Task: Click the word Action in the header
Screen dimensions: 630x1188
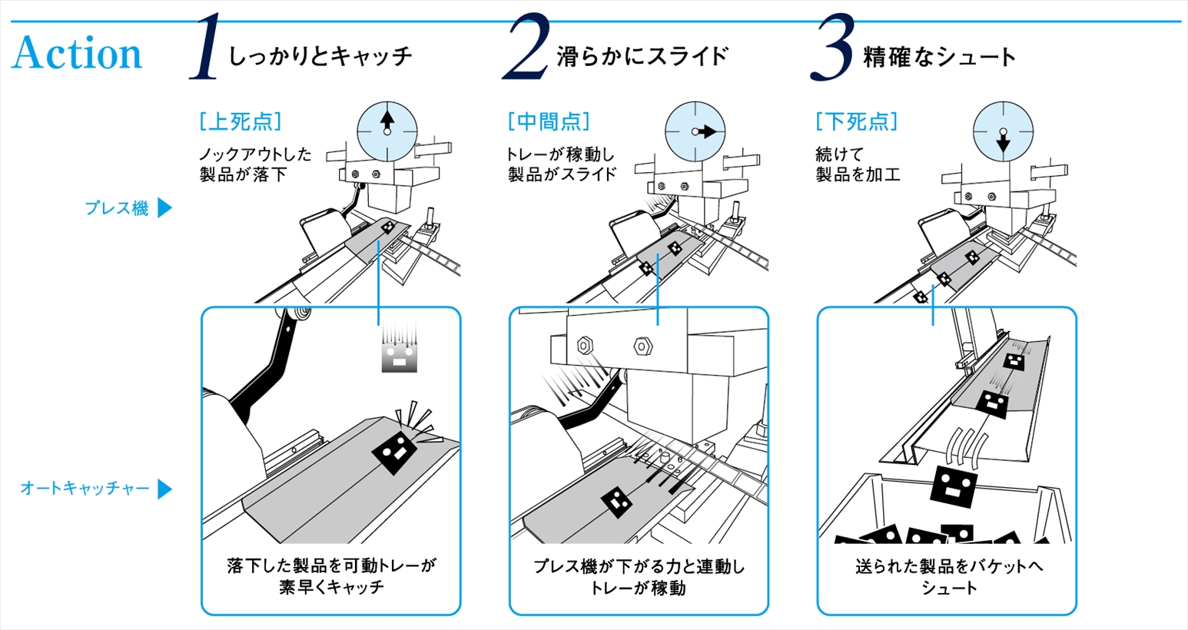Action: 77,54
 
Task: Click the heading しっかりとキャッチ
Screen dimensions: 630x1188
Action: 320,56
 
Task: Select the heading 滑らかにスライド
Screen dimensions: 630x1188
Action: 642,56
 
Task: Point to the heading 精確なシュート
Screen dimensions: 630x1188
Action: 939,56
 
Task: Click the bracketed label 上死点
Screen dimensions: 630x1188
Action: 241,121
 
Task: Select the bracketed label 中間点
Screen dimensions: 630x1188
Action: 549,121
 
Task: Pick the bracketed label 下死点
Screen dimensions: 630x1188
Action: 857,121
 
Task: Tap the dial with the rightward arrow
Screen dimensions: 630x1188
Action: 695,131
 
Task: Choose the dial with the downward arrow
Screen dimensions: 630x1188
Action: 1003,131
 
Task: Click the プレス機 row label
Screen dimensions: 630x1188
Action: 116,208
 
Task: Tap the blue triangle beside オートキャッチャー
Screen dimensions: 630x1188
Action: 164,489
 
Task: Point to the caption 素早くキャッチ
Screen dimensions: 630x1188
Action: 331,588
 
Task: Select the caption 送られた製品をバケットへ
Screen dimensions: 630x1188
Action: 949,567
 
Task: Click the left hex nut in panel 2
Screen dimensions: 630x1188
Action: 583,345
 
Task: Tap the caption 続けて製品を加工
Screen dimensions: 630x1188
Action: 858,164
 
